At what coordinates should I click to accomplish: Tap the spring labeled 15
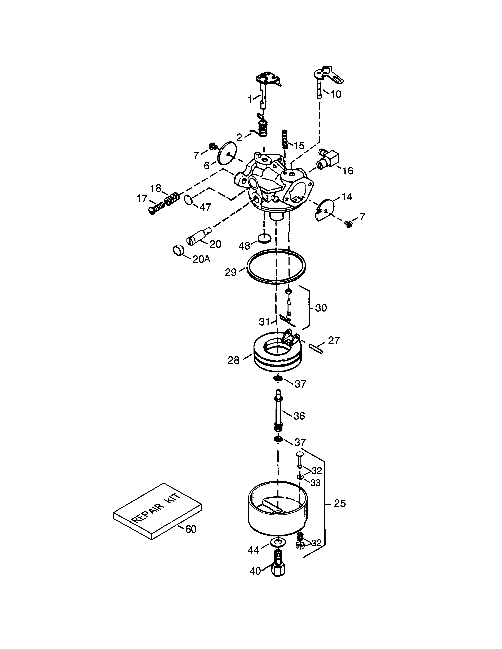(x=285, y=140)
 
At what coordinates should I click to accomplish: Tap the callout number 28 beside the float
(x=233, y=360)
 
